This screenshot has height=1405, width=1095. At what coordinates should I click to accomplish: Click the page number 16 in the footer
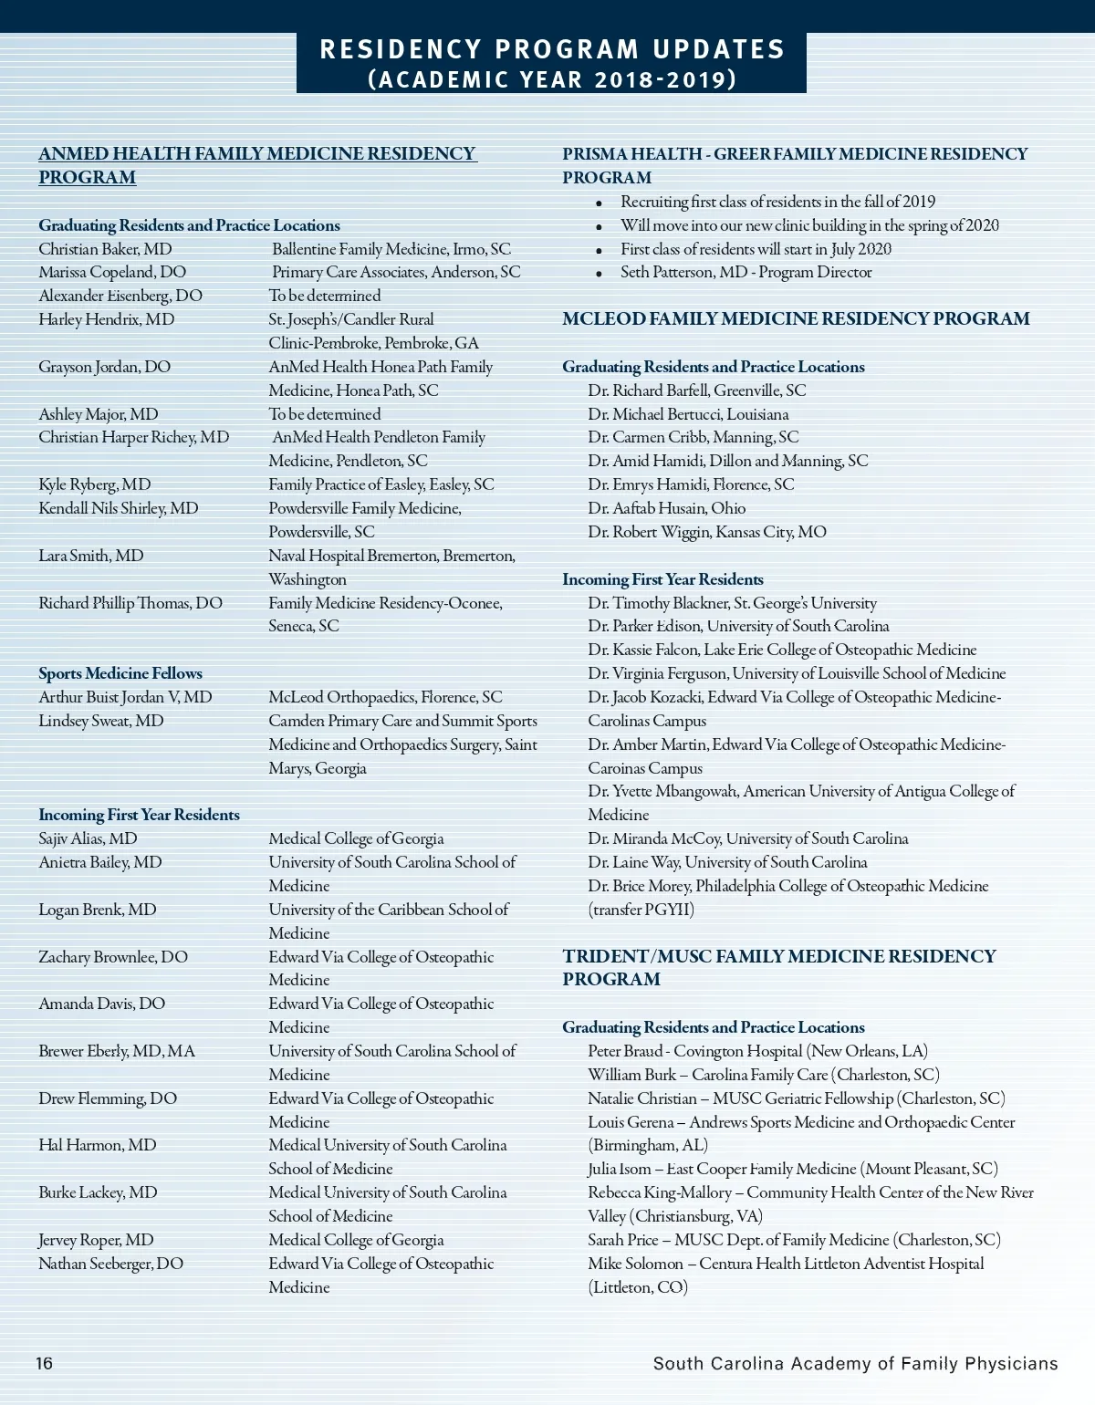tap(45, 1364)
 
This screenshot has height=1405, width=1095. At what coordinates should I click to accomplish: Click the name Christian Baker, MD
tap(105, 249)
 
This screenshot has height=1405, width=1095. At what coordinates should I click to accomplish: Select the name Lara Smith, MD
tap(91, 556)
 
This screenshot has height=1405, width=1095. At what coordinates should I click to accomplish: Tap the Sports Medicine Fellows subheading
tap(120, 673)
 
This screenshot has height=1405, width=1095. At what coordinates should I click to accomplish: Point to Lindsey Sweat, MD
tap(101, 721)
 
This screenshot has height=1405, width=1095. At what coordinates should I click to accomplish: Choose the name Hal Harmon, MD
tap(98, 1145)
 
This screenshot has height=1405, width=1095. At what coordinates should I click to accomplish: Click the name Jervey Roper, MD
tap(96, 1240)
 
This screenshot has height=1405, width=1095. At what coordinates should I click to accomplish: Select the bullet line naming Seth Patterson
tap(746, 272)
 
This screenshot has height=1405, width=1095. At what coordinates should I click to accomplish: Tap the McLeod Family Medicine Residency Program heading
tap(796, 318)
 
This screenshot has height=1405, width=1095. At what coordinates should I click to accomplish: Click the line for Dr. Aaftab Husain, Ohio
tap(666, 508)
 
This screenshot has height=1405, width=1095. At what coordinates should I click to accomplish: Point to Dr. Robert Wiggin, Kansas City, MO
tap(707, 532)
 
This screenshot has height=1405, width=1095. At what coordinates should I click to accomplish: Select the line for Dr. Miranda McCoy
tap(747, 838)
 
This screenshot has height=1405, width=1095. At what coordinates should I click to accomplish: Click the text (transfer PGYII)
tap(641, 910)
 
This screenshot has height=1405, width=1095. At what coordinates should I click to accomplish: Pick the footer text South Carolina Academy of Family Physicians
tap(855, 1364)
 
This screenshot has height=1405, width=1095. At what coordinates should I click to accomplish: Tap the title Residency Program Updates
tap(552, 49)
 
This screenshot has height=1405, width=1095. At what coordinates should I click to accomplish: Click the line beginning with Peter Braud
tap(757, 1051)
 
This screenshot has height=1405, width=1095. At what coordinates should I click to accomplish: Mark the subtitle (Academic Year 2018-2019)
tap(552, 79)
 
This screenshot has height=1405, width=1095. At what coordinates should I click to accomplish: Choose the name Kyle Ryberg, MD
tap(95, 484)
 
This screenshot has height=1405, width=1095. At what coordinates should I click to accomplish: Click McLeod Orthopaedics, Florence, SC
tap(385, 697)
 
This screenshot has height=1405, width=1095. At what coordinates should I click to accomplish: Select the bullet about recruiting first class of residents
tap(777, 202)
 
